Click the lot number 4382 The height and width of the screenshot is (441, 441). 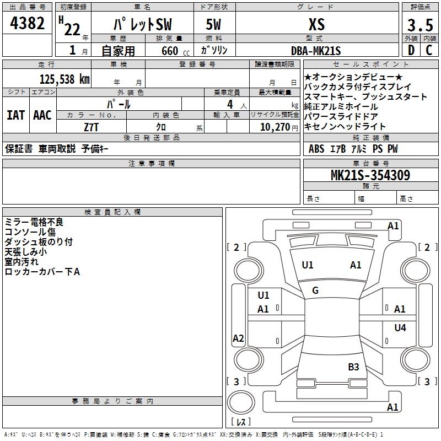pyautogui.click(x=28, y=24)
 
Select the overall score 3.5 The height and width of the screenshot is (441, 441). pyautogui.click(x=419, y=26)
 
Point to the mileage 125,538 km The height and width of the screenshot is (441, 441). pyautogui.click(x=64, y=79)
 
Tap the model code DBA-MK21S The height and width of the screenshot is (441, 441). pyautogui.click(x=316, y=51)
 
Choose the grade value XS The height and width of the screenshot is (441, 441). pyautogui.click(x=316, y=24)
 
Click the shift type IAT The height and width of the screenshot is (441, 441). pyautogui.click(x=15, y=115)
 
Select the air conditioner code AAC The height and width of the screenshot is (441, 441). pyautogui.click(x=42, y=115)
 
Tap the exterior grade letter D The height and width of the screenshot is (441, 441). pyautogui.click(x=411, y=51)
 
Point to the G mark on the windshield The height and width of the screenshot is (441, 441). pyautogui.click(x=315, y=291)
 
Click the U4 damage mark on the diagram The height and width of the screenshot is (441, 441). pyautogui.click(x=400, y=328)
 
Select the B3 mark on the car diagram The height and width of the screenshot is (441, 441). pyautogui.click(x=353, y=367)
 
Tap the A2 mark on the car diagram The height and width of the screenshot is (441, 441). pyautogui.click(x=238, y=338)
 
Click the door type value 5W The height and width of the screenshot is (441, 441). pyautogui.click(x=214, y=25)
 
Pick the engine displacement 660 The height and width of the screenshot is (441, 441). pyautogui.click(x=169, y=51)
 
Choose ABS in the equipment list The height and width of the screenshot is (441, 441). pyautogui.click(x=316, y=149)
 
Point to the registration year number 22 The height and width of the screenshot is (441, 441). pyautogui.click(x=72, y=30)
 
